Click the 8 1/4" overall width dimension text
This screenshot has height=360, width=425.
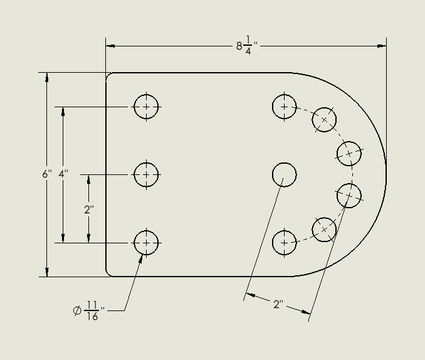pos(247,46)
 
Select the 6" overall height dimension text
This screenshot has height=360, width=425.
pos(46,174)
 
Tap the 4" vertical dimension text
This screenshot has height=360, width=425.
pos(63,174)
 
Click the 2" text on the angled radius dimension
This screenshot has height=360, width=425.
pos(278,304)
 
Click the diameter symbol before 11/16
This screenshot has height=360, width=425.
pos(77,310)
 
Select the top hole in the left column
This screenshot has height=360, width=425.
pos(146,107)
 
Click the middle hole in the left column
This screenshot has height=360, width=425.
pos(146,174)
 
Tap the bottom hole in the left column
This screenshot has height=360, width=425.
pos(146,242)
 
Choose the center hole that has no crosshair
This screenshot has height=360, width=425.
pos(284,174)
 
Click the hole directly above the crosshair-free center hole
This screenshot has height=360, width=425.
pos(284,107)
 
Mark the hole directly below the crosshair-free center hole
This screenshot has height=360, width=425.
pos(284,242)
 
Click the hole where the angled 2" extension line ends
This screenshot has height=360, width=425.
pos(349,195)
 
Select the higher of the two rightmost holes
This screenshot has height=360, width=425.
pos(349,153)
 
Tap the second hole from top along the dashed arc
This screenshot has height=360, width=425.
pos(324,119)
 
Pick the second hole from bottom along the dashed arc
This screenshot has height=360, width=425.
pos(324,230)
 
